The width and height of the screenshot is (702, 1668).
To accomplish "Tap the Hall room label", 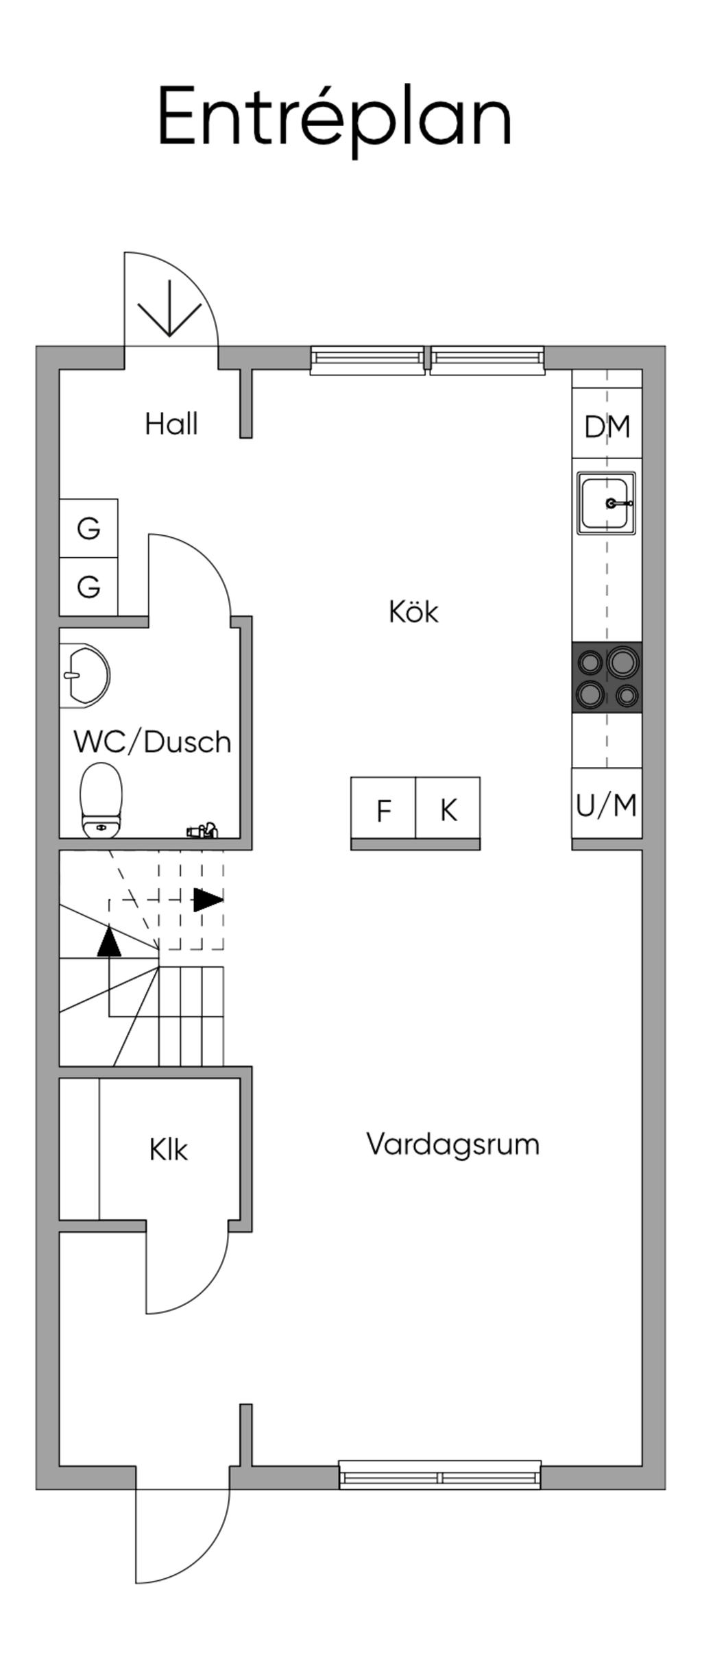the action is point(171,424).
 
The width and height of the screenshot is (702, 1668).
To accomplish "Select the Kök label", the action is point(413,611).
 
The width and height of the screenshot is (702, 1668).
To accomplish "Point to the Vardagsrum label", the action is point(453,1144).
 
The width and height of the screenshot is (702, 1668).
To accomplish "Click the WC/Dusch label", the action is point(153,742).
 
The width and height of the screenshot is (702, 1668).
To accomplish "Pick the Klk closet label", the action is point(168,1149).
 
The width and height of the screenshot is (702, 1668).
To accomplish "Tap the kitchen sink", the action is point(607,503).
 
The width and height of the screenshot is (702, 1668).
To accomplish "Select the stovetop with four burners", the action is point(607,677).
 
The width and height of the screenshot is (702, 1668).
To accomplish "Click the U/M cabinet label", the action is point(607,805).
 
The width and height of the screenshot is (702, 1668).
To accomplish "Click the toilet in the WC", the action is point(101,800).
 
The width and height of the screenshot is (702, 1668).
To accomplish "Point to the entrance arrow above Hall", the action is point(169,309).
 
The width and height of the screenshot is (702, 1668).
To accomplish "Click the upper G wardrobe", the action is point(88,528).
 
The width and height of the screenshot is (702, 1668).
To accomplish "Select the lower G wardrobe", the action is point(88,587).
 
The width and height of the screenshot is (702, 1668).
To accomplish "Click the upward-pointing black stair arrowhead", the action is point(109,940).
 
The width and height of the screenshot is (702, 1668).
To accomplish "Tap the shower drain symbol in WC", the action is point(202,830).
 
